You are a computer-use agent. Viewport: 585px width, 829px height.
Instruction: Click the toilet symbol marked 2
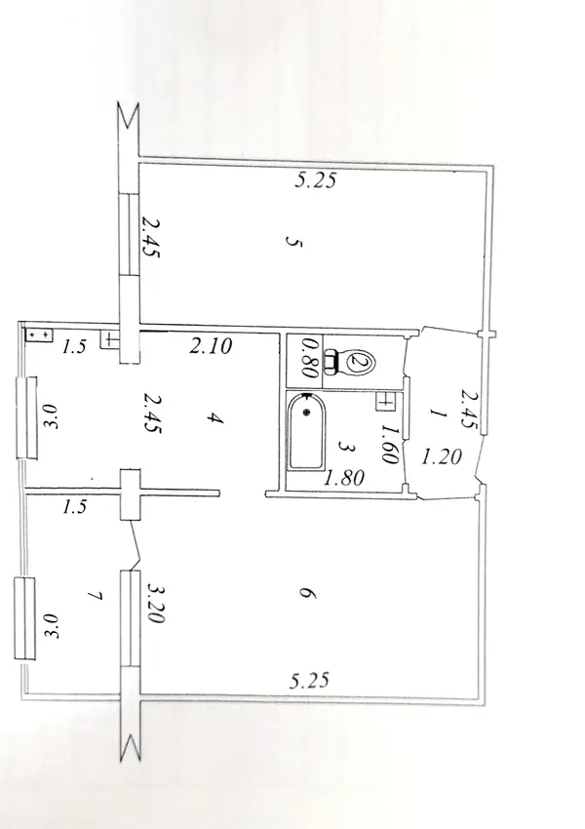click(349, 361)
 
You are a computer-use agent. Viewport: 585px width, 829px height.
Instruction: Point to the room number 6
click(306, 594)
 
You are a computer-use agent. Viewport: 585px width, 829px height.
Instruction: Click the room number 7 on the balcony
click(96, 596)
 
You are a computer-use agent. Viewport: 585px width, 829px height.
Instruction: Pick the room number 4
click(214, 418)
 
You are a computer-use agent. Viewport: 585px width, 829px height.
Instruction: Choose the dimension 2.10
click(211, 346)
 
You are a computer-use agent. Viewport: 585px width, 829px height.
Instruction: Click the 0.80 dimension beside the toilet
click(309, 358)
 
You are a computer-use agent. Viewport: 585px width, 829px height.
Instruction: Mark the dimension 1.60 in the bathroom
click(389, 445)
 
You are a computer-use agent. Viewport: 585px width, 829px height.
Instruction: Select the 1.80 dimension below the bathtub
click(344, 478)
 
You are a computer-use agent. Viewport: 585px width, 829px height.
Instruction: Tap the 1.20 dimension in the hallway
click(442, 455)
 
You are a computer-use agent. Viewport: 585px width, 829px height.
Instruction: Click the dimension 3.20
click(155, 604)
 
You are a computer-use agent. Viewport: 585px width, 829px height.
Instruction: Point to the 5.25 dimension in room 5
click(315, 180)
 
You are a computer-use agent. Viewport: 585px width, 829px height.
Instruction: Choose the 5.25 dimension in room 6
click(310, 680)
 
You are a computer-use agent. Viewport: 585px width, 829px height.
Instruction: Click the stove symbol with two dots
click(39, 336)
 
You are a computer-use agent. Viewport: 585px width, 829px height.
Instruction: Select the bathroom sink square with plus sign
click(385, 401)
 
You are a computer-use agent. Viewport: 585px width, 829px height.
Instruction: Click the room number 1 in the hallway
click(438, 414)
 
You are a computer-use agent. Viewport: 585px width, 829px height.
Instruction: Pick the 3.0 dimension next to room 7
click(51, 626)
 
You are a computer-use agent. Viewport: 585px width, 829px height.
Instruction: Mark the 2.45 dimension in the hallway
click(469, 410)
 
